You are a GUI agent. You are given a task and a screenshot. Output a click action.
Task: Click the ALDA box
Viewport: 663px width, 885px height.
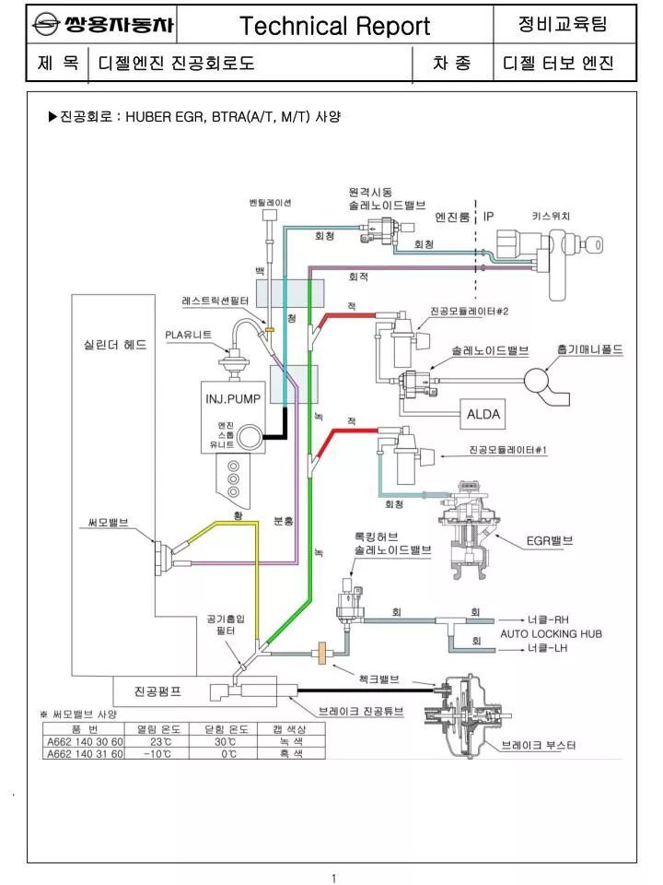pyautogui.click(x=483, y=414)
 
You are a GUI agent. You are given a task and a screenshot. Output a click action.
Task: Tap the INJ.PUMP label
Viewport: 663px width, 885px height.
pyautogui.click(x=233, y=399)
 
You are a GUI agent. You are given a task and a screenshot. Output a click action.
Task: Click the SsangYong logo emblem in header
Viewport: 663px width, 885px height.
pyautogui.click(x=46, y=24)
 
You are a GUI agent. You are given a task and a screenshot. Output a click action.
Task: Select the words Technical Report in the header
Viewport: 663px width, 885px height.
pyautogui.click(x=335, y=26)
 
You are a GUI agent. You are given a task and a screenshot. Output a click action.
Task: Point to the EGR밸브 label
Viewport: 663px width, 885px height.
pyautogui.click(x=549, y=541)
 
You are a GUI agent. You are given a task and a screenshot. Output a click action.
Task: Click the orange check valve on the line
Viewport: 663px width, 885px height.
pyautogui.click(x=323, y=653)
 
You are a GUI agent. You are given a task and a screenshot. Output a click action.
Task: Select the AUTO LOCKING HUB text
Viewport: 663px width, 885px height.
pyautogui.click(x=551, y=634)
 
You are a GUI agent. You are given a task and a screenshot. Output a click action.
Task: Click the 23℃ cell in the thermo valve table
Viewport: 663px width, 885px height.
pyautogui.click(x=160, y=741)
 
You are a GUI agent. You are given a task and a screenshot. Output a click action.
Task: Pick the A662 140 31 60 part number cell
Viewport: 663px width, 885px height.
pyautogui.click(x=85, y=753)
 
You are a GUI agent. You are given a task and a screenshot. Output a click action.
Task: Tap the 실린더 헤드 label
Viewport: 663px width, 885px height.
pyautogui.click(x=115, y=344)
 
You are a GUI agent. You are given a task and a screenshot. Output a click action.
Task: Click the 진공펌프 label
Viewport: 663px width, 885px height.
pyautogui.click(x=157, y=691)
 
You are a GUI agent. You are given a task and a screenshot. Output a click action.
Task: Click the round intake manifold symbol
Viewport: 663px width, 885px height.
pyautogui.click(x=536, y=380)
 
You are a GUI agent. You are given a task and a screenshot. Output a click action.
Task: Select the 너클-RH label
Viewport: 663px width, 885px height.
pyautogui.click(x=548, y=619)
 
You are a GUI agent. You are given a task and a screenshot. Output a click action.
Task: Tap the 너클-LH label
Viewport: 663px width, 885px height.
pyautogui.click(x=547, y=648)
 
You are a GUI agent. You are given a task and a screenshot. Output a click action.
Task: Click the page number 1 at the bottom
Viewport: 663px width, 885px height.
pyautogui.click(x=333, y=879)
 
